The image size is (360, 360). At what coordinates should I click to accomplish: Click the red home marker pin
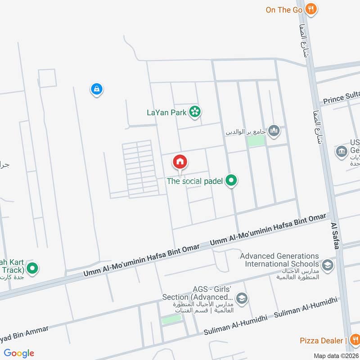tap(180, 162)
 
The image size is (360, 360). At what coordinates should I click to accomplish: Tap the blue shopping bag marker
tap(96, 89)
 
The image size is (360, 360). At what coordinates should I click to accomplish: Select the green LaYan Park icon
tap(195, 112)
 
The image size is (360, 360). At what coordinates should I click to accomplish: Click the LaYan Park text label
tap(167, 112)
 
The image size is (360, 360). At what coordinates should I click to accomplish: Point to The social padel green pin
tap(231, 181)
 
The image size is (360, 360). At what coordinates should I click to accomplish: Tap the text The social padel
tap(194, 181)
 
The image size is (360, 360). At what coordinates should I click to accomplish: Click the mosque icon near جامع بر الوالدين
tap(274, 131)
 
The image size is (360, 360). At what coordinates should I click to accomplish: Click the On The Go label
tap(283, 9)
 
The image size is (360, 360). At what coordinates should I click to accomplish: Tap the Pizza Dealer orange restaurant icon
tap(354, 340)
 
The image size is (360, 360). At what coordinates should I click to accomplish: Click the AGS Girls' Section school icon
tap(242, 299)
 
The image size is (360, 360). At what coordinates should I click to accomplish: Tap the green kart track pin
tap(32, 269)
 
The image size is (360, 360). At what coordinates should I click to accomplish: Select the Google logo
tap(19, 353)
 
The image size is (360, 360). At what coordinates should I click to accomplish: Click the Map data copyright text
tap(334, 355)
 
